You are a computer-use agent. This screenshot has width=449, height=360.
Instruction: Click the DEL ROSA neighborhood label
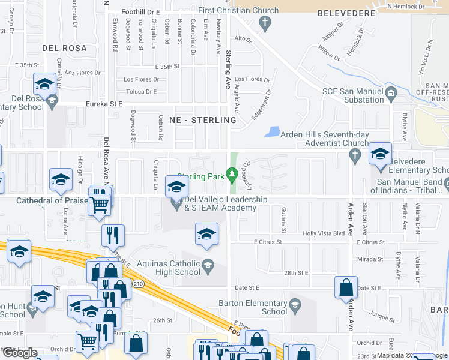tap(64, 47)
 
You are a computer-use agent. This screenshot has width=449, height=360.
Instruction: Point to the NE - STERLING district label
tap(203, 120)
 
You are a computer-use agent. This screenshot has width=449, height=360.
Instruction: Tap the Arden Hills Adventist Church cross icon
tap(355, 157)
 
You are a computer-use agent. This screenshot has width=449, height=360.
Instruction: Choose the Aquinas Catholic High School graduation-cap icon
tap(208, 265)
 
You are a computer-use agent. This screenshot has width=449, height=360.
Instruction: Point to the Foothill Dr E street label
tap(140, 11)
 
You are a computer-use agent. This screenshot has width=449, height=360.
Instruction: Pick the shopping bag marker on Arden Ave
tap(346, 289)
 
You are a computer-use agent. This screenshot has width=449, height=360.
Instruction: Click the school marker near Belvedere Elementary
tap(379, 155)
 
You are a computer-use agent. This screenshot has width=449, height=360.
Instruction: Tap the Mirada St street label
tap(370, 259)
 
